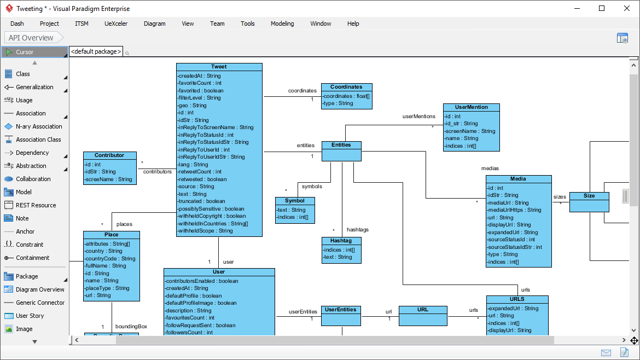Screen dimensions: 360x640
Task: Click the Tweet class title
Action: pos(219,67)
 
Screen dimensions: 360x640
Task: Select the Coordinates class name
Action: pos(346,86)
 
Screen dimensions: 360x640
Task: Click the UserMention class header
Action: pos(471,107)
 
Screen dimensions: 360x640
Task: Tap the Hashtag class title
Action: pos(341,241)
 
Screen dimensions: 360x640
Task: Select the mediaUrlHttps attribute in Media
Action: pos(514,210)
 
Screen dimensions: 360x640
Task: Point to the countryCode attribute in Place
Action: pos(110,259)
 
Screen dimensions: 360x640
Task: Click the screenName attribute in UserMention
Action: pos(470,131)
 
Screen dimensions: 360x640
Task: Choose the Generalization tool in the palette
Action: pos(34,87)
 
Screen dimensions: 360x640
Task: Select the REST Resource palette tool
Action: pos(36,205)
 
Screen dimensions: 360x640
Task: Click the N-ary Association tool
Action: pos(39,126)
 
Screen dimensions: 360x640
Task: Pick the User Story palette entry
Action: pos(30,316)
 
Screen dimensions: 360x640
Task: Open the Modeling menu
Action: pos(282,24)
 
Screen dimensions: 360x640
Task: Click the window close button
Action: pos(627,8)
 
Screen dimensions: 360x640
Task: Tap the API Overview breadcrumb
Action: pos(31,38)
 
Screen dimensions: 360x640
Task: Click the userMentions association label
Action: pos(419,117)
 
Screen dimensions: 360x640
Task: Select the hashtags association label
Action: pos(357,230)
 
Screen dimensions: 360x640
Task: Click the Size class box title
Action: pos(589,196)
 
